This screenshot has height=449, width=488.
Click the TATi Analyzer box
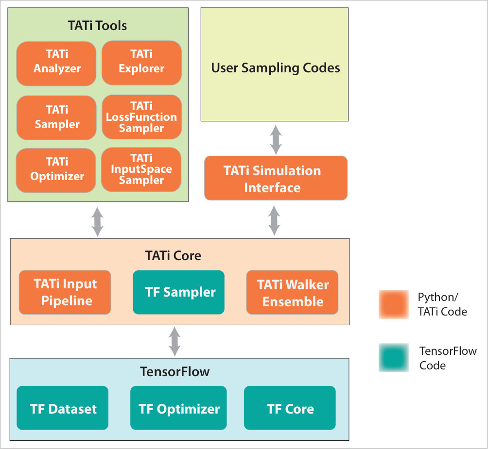point(56,64)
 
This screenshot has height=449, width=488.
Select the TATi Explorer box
point(141,63)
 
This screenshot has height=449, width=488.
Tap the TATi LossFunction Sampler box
point(141,117)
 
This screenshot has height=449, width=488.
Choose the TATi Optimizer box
point(56,170)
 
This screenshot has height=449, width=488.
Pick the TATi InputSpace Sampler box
point(141,170)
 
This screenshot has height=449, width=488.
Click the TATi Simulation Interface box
point(276,178)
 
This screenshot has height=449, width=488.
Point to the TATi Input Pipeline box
point(65,292)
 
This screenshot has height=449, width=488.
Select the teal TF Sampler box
point(179,292)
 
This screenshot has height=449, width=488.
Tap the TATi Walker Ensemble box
point(292,292)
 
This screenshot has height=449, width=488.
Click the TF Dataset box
point(63,408)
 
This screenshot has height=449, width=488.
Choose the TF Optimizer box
point(178,408)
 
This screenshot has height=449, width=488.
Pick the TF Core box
point(290,408)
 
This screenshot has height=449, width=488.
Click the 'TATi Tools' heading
point(97,26)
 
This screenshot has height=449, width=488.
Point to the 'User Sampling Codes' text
point(276,68)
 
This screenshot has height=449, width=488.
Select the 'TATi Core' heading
point(173,256)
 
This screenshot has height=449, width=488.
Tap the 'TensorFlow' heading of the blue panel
point(174,372)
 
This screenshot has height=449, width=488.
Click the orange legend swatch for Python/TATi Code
point(394,304)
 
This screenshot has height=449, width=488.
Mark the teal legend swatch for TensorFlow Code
point(394,358)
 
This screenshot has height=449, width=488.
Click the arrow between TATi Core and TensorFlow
point(174,342)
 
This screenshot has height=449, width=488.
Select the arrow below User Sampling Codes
point(276,140)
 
